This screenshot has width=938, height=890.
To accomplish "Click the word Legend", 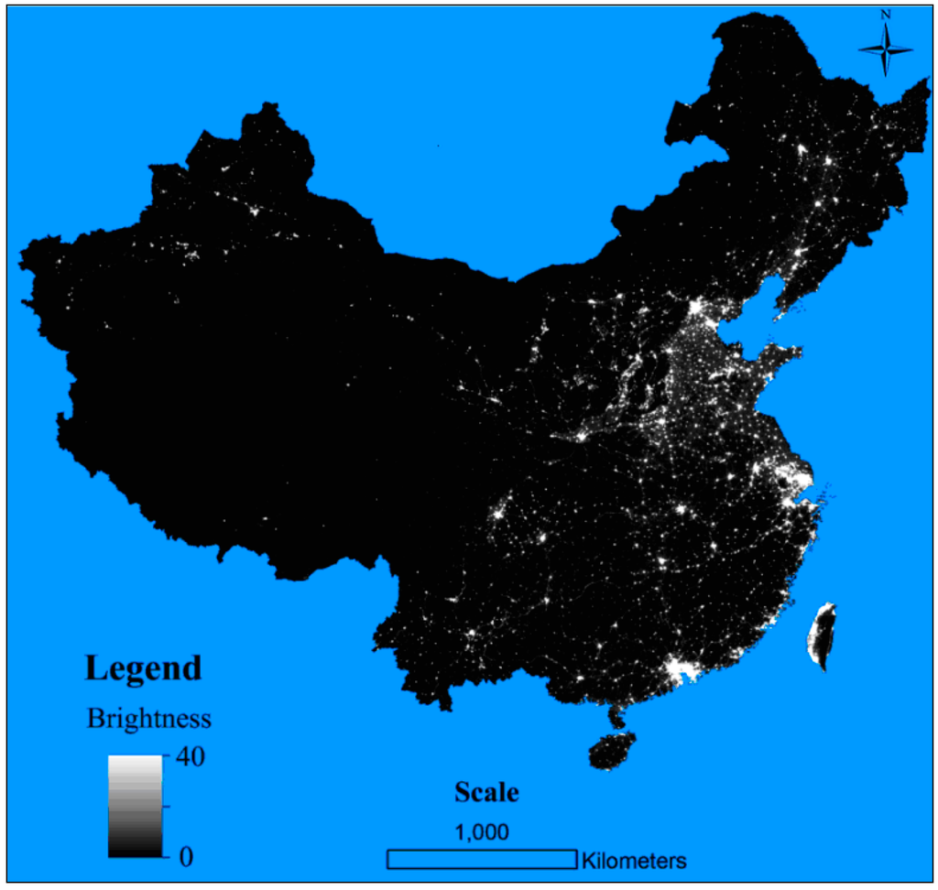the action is coord(143,667).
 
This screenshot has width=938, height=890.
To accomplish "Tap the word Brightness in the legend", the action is coord(149,719).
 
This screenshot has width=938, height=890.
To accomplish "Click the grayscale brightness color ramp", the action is coord(135,807).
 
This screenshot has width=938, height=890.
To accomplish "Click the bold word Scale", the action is coord(486,792).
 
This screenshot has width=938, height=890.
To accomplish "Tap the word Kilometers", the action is coord(633,861).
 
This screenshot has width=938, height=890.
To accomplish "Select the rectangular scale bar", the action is coord(482,859).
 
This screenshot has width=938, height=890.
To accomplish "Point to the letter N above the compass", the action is coord(886,15).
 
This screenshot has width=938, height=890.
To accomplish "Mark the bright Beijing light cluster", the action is coord(698,309).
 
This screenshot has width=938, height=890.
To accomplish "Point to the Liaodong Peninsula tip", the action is coord(777,317).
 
